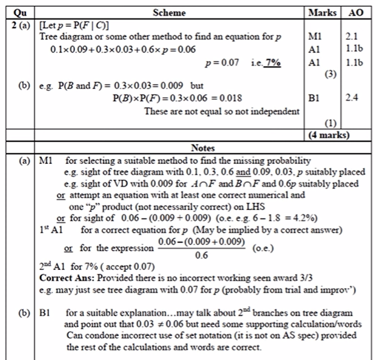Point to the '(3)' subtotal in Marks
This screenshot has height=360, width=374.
(x=328, y=74)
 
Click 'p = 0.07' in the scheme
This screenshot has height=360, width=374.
(x=223, y=63)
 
